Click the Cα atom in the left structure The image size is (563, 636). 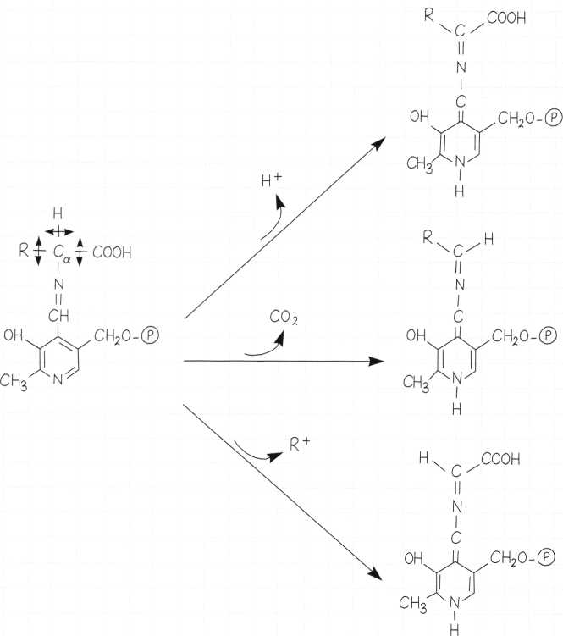[x=58, y=252]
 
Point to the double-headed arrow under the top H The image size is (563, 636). [x=58, y=230]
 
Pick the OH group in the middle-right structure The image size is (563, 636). [x=417, y=335]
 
